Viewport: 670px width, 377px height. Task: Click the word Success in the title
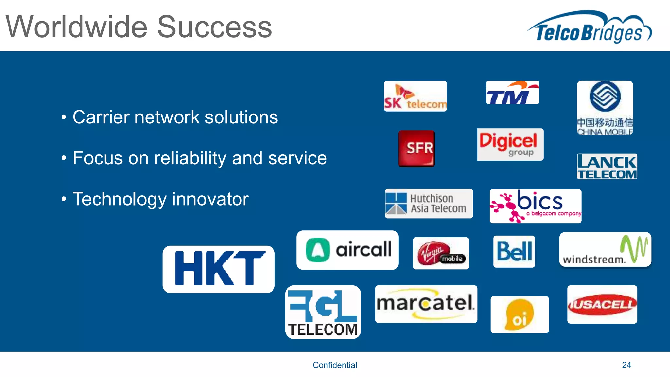(x=214, y=27)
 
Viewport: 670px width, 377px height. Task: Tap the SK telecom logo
(x=415, y=96)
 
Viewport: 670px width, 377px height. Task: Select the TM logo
(x=512, y=93)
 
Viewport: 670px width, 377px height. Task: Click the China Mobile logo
(x=605, y=108)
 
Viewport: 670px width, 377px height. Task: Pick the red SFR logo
(x=416, y=149)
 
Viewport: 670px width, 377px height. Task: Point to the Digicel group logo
(x=510, y=144)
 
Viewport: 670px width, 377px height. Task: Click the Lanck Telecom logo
(x=607, y=167)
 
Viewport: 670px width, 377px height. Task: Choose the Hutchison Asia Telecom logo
(x=429, y=204)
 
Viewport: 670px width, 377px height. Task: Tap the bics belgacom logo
(x=535, y=206)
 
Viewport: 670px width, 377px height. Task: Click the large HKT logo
(x=219, y=269)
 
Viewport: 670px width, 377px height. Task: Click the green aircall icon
(x=318, y=250)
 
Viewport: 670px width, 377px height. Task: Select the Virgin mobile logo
(x=441, y=253)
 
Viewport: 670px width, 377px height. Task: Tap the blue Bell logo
(x=514, y=251)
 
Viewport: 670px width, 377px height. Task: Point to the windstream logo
(x=605, y=250)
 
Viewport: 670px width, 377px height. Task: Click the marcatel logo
(x=426, y=304)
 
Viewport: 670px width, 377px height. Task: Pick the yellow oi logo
(x=520, y=315)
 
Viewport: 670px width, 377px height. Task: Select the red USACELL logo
(x=602, y=304)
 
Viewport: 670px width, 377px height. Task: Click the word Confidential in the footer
(x=335, y=365)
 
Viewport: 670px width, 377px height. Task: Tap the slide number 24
(x=626, y=365)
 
